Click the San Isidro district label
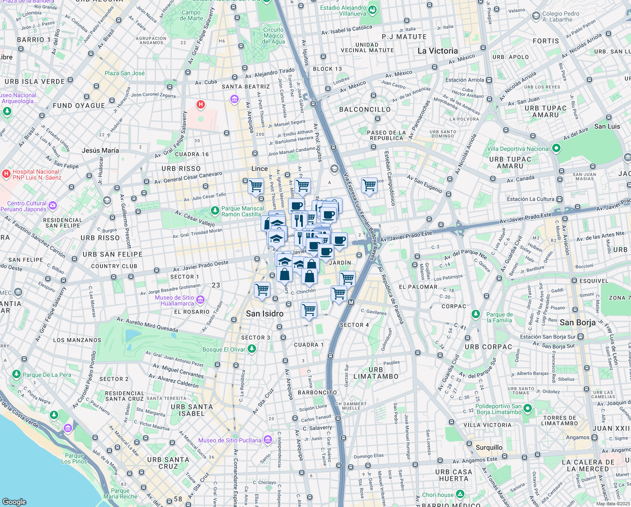coord(264,313)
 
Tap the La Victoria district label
coord(437,51)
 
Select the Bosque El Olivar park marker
coord(252,349)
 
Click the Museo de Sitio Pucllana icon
coord(268,440)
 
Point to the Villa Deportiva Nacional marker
coord(556,148)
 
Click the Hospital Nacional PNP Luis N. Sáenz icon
coord(6,174)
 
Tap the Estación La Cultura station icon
coord(559,199)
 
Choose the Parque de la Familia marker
coord(476,314)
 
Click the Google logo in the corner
coord(14,502)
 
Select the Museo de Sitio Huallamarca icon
coord(200,300)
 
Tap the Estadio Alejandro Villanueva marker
coord(372,11)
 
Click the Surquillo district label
coord(489,447)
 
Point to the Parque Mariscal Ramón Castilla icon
coord(215,210)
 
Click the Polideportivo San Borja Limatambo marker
coord(528,409)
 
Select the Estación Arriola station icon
coord(489,80)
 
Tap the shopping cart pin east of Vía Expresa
coord(369,185)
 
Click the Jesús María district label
coord(100,150)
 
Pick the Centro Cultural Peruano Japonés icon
coord(53,206)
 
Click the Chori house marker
coord(460,494)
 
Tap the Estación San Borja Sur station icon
coord(581,337)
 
